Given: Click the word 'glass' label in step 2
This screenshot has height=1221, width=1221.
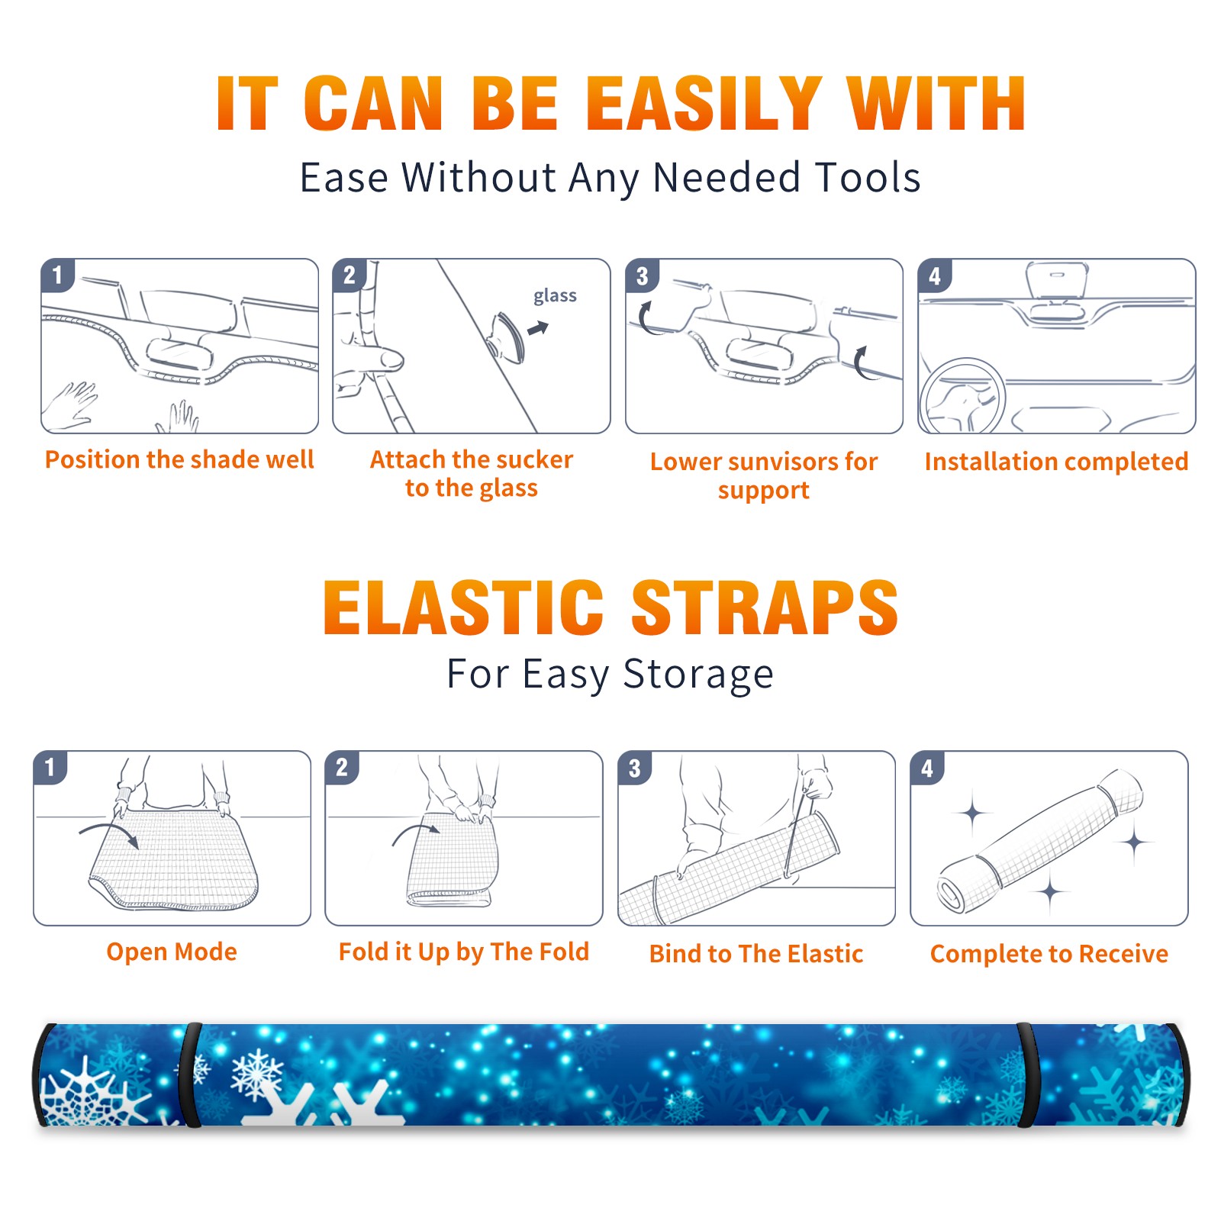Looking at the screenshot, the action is click(555, 296).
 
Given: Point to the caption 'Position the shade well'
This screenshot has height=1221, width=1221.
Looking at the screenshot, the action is click(179, 459).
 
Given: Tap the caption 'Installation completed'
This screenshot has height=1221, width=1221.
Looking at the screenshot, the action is click(1056, 462).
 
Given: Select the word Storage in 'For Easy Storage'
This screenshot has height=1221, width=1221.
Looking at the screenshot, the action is click(698, 675).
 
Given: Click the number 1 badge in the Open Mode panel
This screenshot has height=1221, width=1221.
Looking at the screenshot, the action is click(50, 767).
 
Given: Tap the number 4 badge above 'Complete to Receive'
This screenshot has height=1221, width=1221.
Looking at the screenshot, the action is click(927, 768).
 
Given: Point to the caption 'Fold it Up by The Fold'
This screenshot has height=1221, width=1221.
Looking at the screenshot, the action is click(464, 952).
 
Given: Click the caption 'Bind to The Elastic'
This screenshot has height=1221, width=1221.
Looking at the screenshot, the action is click(756, 954).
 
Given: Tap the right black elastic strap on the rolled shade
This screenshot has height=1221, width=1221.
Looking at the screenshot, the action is click(1026, 1074).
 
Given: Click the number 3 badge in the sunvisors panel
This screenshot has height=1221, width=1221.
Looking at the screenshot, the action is click(642, 275).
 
